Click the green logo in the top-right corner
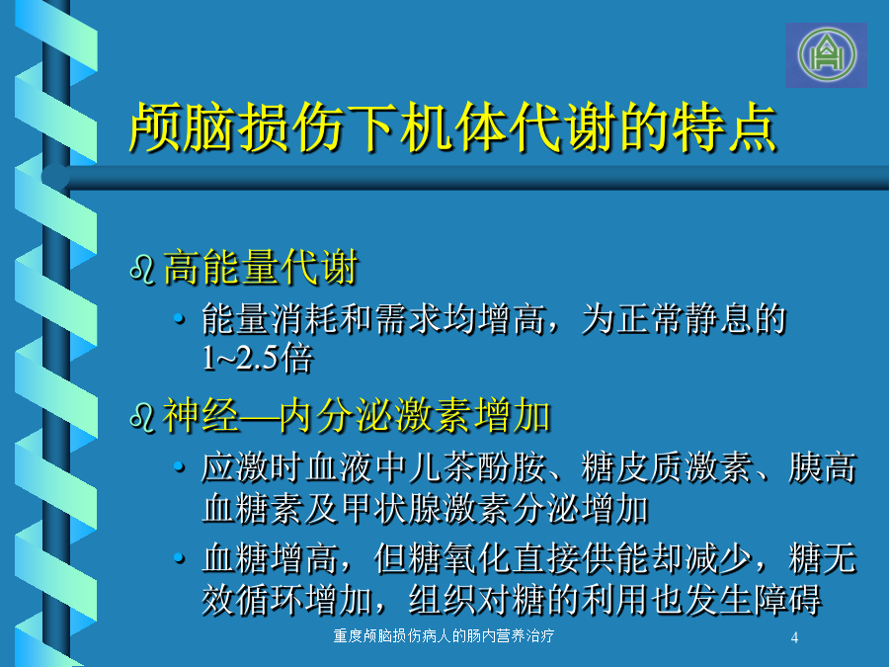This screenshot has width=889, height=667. [827, 55]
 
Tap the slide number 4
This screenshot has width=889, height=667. [794, 637]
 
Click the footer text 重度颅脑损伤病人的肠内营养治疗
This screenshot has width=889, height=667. [444, 635]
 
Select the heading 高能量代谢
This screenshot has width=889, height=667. [261, 267]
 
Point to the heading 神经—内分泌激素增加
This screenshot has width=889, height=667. [357, 415]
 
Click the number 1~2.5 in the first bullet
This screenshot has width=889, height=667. [241, 359]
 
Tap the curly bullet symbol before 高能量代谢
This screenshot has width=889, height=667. [142, 269]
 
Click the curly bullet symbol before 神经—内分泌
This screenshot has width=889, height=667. [142, 417]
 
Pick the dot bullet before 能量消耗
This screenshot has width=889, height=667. [179, 319]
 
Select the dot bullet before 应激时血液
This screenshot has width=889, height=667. [179, 467]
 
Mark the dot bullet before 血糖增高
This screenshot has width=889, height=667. [179, 558]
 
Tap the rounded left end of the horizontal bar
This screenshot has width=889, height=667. [55, 177]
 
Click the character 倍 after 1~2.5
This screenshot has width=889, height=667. [296, 359]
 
